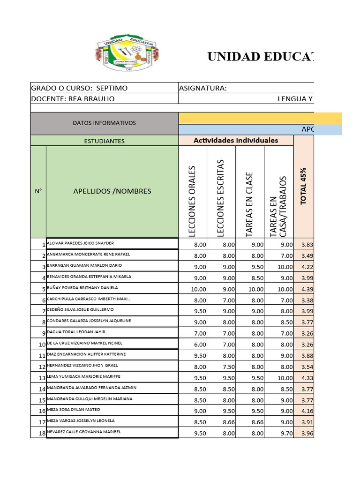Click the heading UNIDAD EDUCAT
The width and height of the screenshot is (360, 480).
261,57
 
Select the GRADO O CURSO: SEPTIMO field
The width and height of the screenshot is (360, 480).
79,88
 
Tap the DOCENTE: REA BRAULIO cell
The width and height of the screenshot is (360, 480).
73,98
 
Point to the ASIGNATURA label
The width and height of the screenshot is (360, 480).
203,88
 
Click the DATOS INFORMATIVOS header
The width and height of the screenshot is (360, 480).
104,123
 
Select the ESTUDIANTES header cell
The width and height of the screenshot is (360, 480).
104,141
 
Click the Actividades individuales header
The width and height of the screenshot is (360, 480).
236,140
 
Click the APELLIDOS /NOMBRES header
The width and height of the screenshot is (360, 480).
112,191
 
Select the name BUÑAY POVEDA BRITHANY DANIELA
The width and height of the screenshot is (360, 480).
82,288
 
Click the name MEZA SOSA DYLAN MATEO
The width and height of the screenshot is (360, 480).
74,410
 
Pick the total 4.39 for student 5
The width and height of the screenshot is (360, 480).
307,289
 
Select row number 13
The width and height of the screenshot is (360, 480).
42,378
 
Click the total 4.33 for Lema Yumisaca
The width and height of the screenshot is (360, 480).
307,378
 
